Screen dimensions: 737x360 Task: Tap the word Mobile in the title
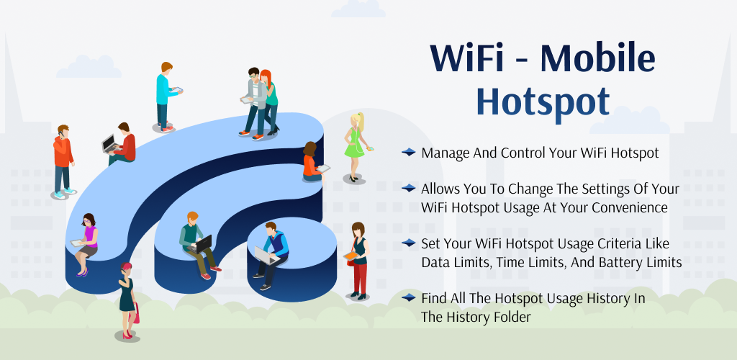coord(597,58)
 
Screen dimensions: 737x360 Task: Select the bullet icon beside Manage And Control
coord(409,152)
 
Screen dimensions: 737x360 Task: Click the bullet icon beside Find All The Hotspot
coord(409,297)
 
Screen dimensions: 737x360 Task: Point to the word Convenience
coord(630,207)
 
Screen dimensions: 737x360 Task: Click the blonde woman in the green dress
coord(356,148)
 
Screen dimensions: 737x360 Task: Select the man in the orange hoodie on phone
coord(63,161)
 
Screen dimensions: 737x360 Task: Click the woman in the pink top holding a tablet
coord(86,244)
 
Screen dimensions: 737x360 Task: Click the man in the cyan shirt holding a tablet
coord(166,96)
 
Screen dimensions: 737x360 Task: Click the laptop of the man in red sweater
coord(109,143)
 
